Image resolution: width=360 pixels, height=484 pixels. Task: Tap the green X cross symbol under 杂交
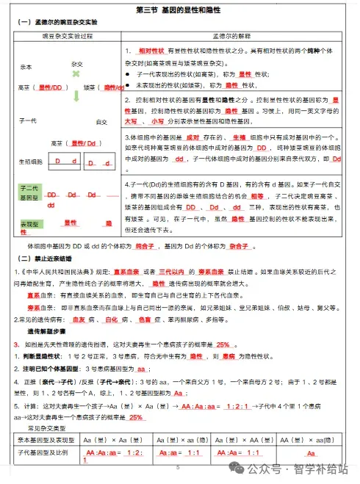pos(76,75)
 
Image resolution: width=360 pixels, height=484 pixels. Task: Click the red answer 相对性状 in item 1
pos(150,50)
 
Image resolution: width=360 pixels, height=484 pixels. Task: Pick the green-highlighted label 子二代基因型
pos(29,193)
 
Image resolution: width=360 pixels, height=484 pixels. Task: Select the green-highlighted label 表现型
pos(29,223)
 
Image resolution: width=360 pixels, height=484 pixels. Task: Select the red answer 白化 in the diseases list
pos(112,319)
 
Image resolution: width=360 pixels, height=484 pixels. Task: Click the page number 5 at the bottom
pos(178,468)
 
